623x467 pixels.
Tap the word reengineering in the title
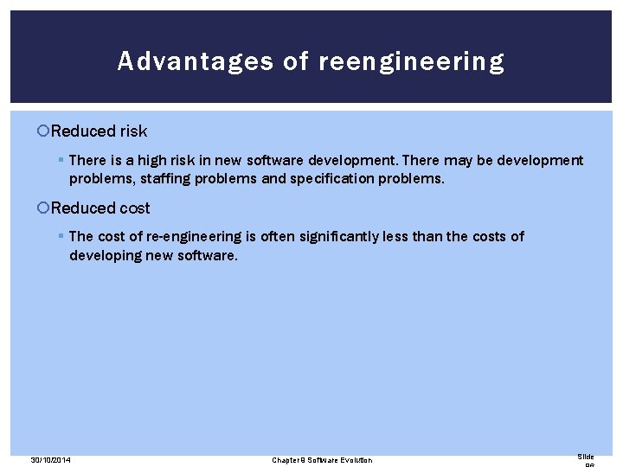pos(412,62)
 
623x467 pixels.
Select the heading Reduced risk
pos(99,131)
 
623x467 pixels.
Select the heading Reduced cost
pos(100,208)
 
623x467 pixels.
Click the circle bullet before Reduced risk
pos(44,131)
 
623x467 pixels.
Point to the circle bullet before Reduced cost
pos(44,208)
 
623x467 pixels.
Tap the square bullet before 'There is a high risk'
pos(61,161)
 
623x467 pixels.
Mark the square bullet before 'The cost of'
pos(61,237)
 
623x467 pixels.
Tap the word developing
pos(106,255)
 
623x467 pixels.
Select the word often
pos(279,237)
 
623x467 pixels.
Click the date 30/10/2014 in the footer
pos(50,460)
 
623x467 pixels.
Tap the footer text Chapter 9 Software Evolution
pos(322,460)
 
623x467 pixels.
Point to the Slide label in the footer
pos(586,457)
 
